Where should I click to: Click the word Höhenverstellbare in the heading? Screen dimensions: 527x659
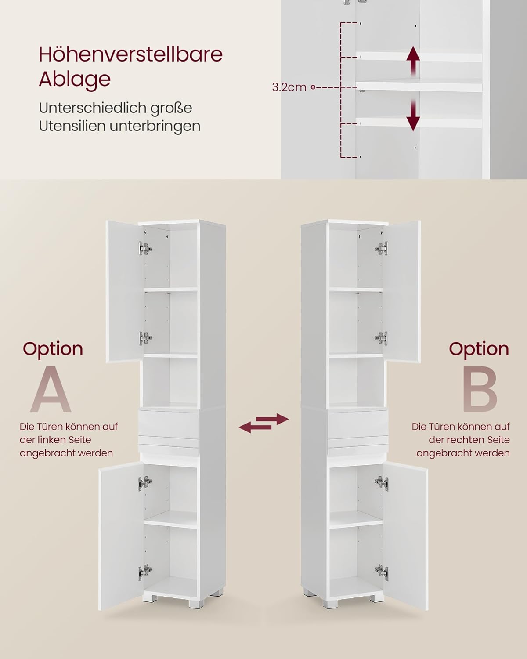tap(131, 54)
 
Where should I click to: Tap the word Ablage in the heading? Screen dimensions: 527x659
tap(75, 80)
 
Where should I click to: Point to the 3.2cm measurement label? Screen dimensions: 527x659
tap(289, 87)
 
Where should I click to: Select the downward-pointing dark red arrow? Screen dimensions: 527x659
tap(413, 115)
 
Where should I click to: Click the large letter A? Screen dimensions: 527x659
tap(51, 389)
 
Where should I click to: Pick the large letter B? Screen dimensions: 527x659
tap(480, 389)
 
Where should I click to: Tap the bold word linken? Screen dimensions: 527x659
tap(51, 440)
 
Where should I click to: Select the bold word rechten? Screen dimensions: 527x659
tap(466, 440)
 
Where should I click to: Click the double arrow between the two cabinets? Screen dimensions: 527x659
tap(263, 423)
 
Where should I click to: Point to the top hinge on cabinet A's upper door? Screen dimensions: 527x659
tap(144, 248)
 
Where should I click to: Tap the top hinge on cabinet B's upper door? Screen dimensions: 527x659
tap(382, 248)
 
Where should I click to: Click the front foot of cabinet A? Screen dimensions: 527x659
tap(194, 601)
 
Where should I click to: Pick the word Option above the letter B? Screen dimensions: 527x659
tap(479, 349)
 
